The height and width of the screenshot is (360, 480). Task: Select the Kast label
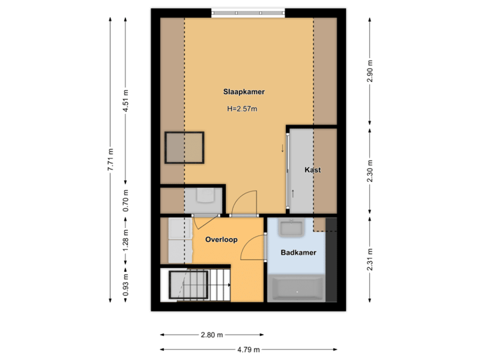313,170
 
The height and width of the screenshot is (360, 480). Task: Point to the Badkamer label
298,253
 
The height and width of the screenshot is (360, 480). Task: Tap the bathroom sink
291,229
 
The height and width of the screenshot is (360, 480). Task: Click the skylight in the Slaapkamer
184,147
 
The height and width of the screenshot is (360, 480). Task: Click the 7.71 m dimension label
111,160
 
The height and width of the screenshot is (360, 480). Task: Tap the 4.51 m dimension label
125,101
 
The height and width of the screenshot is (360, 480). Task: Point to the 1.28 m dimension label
125,239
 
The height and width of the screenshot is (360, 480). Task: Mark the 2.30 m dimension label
371,171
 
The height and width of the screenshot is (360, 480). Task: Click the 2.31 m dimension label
371,259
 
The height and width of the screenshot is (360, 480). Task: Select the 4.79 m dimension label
248,349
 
